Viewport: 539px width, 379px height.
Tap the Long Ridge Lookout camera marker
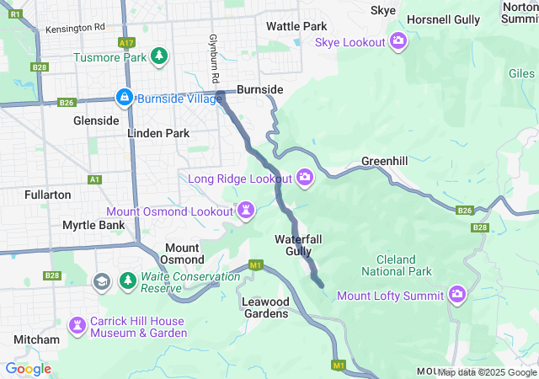point(305,177)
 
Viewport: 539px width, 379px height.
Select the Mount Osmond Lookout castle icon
point(245,210)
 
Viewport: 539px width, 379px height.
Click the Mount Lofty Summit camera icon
point(457,294)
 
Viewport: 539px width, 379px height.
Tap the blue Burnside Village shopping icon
point(125,97)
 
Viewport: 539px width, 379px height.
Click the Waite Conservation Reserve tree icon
point(128,280)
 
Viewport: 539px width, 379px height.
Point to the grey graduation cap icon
point(102,280)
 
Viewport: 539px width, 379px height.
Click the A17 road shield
point(126,41)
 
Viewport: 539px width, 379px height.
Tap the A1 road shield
point(94,179)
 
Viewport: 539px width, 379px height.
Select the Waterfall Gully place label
point(298,245)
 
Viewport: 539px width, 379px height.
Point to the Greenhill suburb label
point(385,160)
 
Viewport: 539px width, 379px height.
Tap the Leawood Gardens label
point(265,307)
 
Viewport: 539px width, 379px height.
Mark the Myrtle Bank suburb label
point(93,225)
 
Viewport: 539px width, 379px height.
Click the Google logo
point(29,368)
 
